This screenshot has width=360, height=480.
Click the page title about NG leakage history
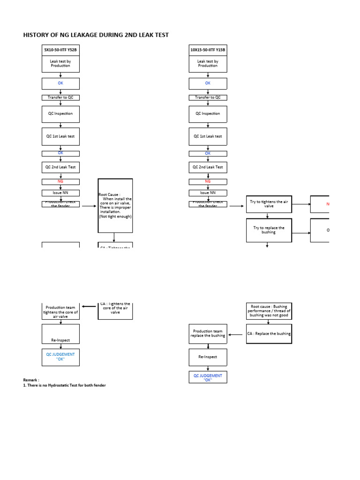(96, 35)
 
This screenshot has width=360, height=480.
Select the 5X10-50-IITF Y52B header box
(60, 50)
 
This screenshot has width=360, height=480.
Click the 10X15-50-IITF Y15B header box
(208, 50)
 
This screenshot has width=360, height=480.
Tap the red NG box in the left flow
(60, 181)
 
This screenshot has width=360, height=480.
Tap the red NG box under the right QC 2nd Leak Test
(208, 181)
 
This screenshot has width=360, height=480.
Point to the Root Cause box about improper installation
(115, 205)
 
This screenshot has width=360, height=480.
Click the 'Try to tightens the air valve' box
(269, 204)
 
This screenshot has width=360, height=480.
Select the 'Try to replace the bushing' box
(269, 230)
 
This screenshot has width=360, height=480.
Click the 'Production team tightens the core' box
(60, 312)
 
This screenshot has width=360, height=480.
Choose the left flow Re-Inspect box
(60, 334)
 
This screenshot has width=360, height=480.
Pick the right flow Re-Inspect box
(208, 357)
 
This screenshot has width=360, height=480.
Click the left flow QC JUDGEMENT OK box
(60, 357)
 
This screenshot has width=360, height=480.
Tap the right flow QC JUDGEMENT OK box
(208, 377)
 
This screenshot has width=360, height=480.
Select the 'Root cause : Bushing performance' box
(269, 311)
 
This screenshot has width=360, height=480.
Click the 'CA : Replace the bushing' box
(269, 334)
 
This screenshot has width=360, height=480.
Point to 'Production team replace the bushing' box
(208, 333)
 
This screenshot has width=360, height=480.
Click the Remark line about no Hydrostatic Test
(64, 385)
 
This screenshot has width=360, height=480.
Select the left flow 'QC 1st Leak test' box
(60, 136)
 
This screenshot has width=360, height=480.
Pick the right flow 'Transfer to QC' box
(208, 97)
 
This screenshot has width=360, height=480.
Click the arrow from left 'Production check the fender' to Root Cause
(89, 205)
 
